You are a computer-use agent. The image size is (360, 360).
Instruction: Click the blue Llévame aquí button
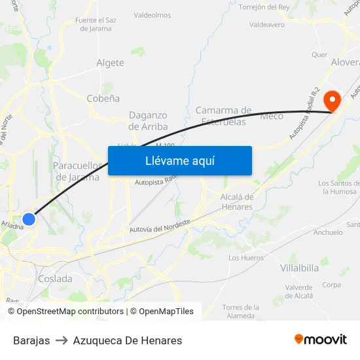tap(179, 160)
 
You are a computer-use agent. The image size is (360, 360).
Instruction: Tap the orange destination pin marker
tap(333, 101)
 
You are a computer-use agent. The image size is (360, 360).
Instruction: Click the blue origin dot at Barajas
tap(29, 219)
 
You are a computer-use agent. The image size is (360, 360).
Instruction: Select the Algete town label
tap(110, 63)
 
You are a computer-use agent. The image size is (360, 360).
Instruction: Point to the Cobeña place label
tap(103, 98)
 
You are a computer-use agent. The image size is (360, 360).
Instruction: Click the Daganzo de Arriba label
tap(148, 121)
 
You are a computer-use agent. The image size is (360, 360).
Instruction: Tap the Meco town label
tap(272, 116)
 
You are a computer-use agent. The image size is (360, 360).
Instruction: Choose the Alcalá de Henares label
tap(236, 202)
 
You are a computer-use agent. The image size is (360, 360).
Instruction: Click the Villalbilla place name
tap(300, 268)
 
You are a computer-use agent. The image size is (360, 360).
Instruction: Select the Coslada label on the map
tap(55, 279)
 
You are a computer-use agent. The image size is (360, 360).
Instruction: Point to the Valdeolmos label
tap(153, 15)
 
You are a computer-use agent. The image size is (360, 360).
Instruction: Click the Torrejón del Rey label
tap(264, 7)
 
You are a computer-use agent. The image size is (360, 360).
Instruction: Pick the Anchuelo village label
tap(328, 232)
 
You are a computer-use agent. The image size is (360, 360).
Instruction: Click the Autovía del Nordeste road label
tap(160, 228)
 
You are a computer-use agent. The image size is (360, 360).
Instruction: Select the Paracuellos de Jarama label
tap(77, 171)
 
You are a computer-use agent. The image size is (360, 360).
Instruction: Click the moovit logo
tap(321, 340)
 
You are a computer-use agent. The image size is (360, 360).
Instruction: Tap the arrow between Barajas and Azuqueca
tap(62, 340)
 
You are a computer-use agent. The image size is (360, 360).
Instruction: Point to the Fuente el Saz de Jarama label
tap(96, 24)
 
